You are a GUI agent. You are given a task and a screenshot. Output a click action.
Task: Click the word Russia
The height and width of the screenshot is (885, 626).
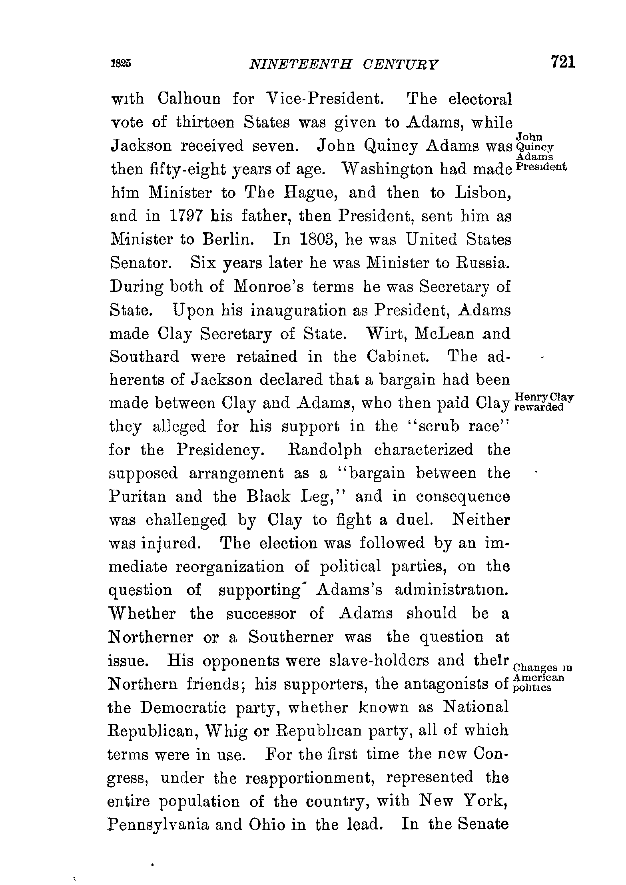click(x=483, y=263)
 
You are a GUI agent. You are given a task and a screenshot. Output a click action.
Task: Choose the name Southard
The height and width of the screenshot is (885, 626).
click(x=145, y=357)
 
